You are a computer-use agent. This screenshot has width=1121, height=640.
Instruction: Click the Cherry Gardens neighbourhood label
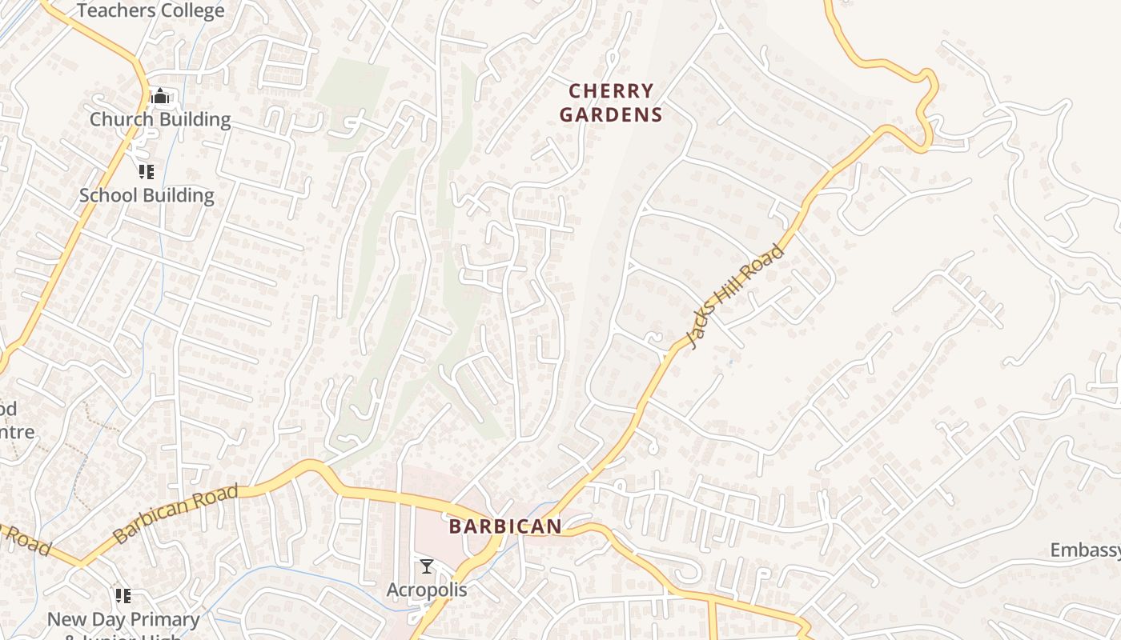[x=611, y=102]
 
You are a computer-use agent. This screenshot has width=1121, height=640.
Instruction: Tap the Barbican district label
[x=505, y=526]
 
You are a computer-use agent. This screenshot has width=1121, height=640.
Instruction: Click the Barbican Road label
[x=176, y=514]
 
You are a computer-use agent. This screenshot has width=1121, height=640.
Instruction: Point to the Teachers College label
[x=151, y=11]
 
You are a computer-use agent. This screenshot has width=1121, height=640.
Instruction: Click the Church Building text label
[x=160, y=120]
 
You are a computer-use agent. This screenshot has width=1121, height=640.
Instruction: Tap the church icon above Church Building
[x=160, y=97]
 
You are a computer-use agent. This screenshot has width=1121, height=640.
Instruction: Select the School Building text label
[x=147, y=195]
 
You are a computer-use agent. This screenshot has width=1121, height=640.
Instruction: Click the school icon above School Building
[x=146, y=172]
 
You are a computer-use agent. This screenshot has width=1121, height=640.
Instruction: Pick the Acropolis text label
[x=427, y=590]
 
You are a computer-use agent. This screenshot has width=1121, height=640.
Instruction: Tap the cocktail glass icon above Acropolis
[x=427, y=566]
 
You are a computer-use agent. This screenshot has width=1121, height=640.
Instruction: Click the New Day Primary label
[x=123, y=619]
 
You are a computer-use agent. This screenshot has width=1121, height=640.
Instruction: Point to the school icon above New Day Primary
[x=123, y=596]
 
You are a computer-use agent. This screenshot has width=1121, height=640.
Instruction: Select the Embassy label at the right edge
[x=1085, y=550]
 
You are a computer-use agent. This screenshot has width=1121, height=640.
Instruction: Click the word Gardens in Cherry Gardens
[x=611, y=115]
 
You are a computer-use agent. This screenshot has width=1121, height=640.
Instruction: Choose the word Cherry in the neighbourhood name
[x=611, y=90]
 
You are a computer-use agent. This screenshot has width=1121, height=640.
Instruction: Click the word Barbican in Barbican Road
[x=148, y=524]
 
